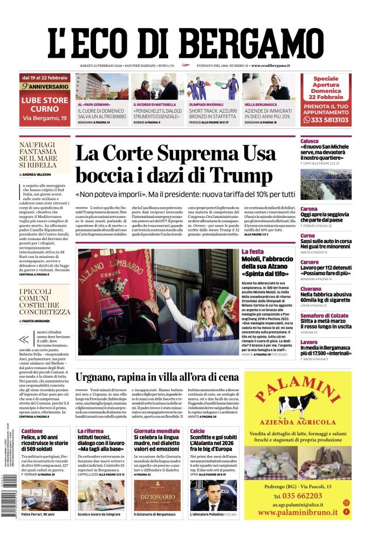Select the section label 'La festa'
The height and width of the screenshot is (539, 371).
(x=252, y=251)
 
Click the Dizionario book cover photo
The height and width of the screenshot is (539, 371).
(x=156, y=496)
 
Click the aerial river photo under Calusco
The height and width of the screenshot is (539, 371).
(x=326, y=185)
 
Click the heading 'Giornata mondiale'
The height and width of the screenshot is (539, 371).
(x=156, y=431)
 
